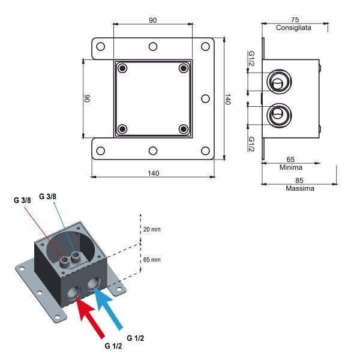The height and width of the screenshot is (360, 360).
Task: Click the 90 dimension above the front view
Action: (152, 20)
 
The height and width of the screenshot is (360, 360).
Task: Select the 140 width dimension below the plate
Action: (152, 173)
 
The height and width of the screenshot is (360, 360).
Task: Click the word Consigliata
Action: (293, 28)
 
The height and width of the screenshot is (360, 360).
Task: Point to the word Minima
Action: (290, 167)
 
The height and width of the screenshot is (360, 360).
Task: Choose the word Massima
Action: (300, 188)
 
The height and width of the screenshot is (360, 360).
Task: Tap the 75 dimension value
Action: (293, 19)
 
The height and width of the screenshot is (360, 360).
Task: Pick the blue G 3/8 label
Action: (49, 196)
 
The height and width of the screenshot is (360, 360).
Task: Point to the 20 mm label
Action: (152, 229)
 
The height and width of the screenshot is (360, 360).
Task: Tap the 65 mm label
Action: (152, 260)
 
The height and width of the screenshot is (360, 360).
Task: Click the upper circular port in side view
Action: (277, 82)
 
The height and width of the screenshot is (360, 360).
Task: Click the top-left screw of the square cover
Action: (123, 68)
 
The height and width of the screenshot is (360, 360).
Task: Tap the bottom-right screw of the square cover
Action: (183, 128)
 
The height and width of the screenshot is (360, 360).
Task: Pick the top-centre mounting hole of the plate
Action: (153, 46)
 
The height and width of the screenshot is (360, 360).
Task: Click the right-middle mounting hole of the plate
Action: (204, 98)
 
